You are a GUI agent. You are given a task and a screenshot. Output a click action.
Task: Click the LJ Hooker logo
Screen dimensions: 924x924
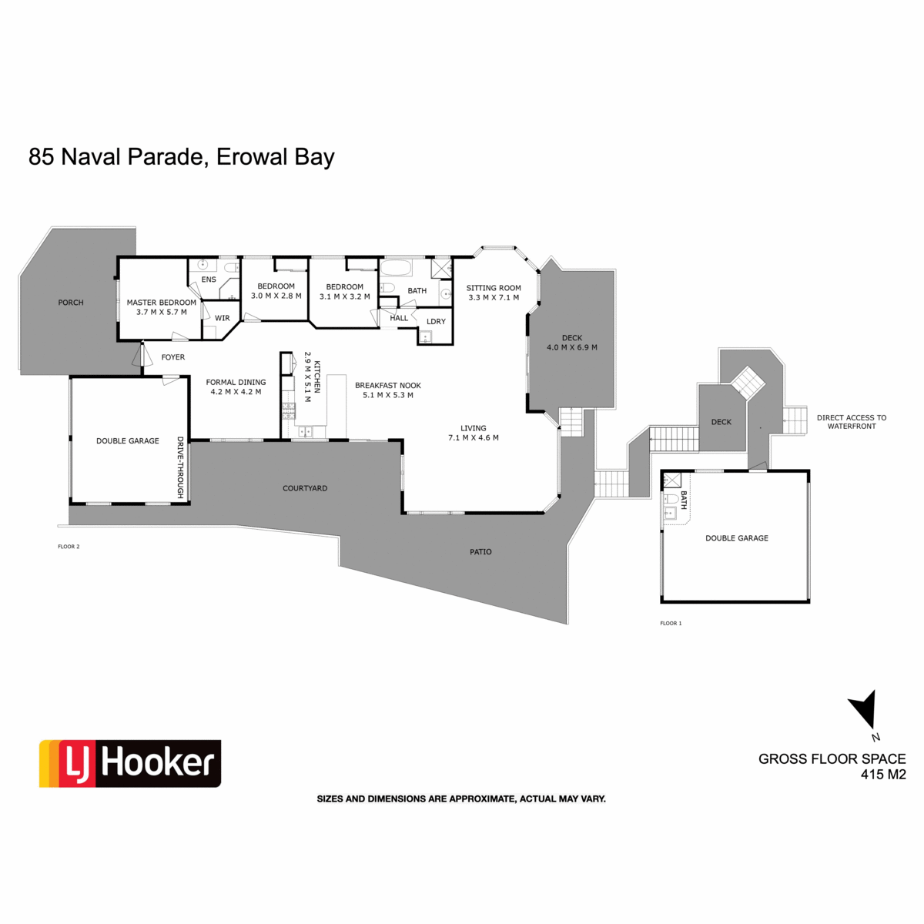pyautogui.click(x=130, y=763)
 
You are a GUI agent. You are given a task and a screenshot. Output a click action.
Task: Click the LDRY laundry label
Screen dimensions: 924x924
pyautogui.click(x=436, y=322)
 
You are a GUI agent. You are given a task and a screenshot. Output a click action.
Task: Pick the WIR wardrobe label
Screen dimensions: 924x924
pyautogui.click(x=222, y=318)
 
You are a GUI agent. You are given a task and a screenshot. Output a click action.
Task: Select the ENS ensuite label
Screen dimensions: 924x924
pyautogui.click(x=209, y=280)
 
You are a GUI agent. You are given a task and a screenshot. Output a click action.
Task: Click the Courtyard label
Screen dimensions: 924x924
pyautogui.click(x=305, y=488)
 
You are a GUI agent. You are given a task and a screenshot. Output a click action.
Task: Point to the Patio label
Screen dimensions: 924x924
pyautogui.click(x=480, y=551)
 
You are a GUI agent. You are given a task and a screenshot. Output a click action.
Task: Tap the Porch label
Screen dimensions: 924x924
pyautogui.click(x=71, y=303)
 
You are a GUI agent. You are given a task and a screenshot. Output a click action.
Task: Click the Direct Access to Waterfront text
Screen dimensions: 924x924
pyautogui.click(x=851, y=422)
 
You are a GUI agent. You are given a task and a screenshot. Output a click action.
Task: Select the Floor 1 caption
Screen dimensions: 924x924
pyautogui.click(x=671, y=623)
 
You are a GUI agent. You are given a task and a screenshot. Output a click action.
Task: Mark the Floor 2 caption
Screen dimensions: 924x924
pyautogui.click(x=69, y=547)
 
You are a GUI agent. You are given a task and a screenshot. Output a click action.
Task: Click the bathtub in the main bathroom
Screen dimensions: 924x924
pyautogui.click(x=397, y=269)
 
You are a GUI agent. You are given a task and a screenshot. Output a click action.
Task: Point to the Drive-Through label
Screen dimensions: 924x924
pyautogui.click(x=180, y=468)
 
